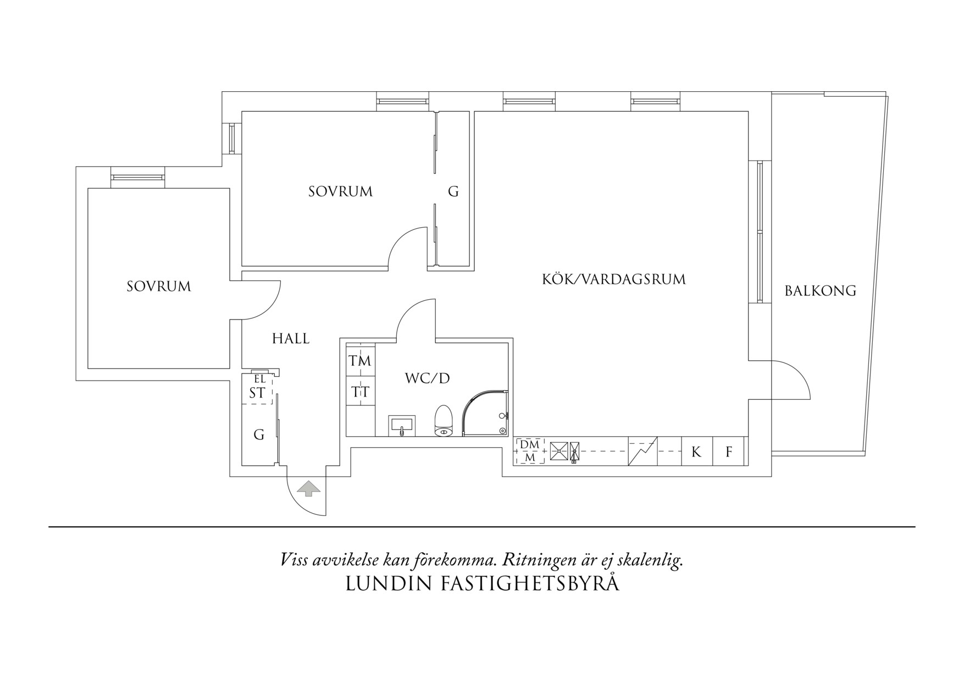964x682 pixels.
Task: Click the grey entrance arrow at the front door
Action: pos(309,488)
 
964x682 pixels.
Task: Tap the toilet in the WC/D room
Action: pos(443,421)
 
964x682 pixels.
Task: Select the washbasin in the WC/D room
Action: pos(402,426)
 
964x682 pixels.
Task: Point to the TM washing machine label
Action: pos(360,361)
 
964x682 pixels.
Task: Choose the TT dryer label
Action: pos(360,392)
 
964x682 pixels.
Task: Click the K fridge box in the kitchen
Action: pos(697,452)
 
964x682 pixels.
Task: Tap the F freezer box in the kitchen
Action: pos(729,452)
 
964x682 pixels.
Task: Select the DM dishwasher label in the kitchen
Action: pos(530,444)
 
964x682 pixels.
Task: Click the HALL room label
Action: pos(291,339)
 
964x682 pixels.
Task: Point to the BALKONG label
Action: pos(820,291)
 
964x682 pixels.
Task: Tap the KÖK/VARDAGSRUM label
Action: pos(614,279)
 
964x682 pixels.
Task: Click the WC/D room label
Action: pos(427,378)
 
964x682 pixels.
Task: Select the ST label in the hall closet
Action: pos(257,393)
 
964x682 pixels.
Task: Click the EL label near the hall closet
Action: pos(259,379)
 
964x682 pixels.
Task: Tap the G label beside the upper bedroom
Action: pos(453,191)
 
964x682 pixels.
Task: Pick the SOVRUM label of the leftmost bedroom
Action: pos(159,287)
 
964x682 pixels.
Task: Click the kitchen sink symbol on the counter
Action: pos(559,451)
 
